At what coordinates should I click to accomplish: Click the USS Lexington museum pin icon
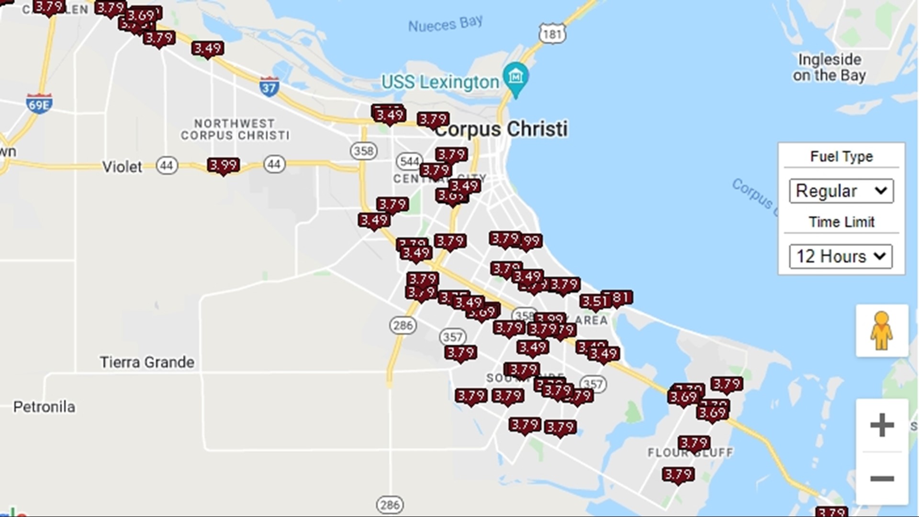pos(516,77)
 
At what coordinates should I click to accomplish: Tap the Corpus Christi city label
pos(501,129)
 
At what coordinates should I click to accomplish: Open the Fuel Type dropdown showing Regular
pos(841,191)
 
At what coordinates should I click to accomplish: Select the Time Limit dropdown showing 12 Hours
pos(841,257)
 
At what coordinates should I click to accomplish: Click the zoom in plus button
pos(882,425)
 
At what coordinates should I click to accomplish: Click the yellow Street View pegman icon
pos(881,331)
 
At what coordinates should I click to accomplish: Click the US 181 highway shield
pos(552,34)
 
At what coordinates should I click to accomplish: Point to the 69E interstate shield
pos(39,104)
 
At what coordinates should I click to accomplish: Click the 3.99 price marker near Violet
pos(223,166)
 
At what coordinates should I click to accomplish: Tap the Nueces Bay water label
pos(445,24)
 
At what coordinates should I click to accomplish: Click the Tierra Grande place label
pos(147,362)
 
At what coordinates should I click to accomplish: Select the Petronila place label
pos(44,407)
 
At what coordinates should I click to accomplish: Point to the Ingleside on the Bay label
pos(829,67)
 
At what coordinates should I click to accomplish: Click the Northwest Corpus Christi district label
pos(235,130)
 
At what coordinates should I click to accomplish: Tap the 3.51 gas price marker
pos(594,302)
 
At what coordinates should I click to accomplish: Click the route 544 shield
pos(409,161)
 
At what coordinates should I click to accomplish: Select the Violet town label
pos(122,167)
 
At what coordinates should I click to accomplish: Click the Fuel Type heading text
pos(841,157)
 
